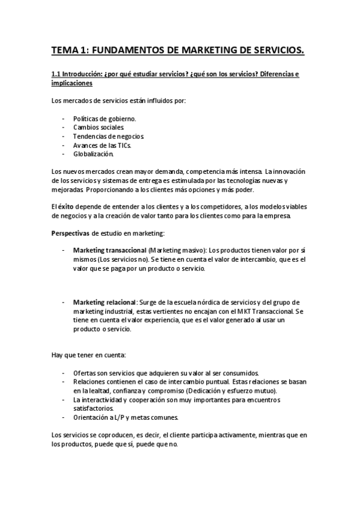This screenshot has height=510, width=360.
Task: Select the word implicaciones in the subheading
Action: point(71,84)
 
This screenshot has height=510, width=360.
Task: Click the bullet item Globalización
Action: point(93,154)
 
